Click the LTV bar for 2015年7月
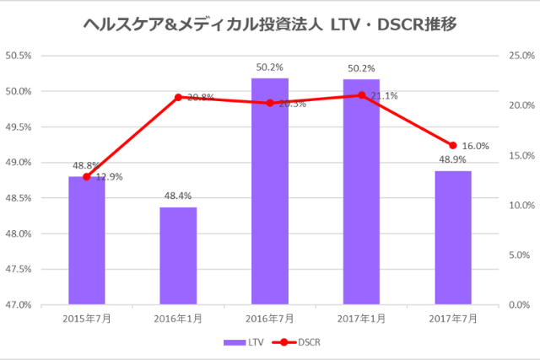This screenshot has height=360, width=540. (87, 240)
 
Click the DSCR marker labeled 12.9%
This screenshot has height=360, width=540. (87, 177)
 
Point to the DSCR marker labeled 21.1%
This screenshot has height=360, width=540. (361, 95)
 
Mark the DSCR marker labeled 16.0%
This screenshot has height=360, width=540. (452, 146)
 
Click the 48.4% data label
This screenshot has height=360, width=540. (178, 196)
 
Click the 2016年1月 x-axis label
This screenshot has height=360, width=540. (178, 318)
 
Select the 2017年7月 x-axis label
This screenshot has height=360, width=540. (452, 318)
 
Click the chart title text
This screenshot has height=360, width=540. (270, 24)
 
